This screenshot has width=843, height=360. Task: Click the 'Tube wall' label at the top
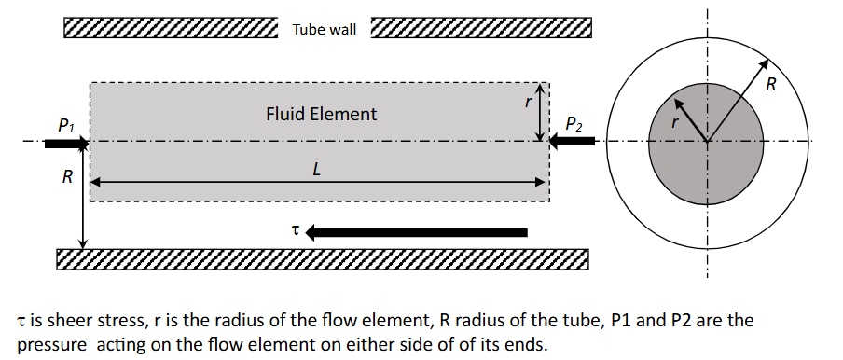[324, 30]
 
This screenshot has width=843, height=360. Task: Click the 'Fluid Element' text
[321, 114]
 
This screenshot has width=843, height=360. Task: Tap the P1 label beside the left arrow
[66, 123]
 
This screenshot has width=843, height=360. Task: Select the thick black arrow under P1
[65, 144]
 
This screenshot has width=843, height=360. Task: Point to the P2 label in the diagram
[574, 123]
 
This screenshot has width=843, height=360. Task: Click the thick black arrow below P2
[573, 141]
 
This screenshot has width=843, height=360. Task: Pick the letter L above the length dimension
[318, 170]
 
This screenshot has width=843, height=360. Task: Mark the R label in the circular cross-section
[770, 86]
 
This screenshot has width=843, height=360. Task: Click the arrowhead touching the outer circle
[763, 65]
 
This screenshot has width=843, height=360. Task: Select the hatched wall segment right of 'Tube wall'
[481, 28]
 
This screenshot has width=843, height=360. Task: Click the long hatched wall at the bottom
[323, 259]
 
